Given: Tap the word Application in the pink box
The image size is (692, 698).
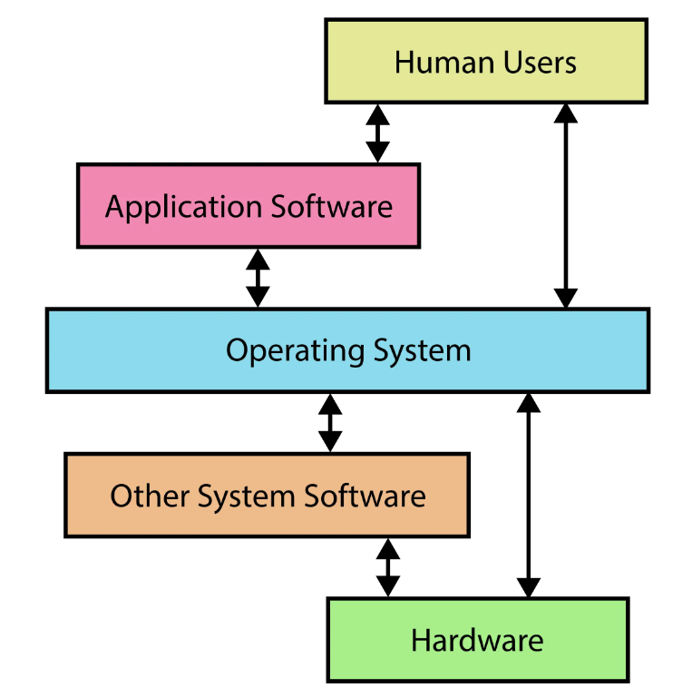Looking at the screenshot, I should pyautogui.click(x=171, y=207).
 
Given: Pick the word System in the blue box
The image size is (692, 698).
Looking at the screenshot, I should pyautogui.click(x=421, y=351).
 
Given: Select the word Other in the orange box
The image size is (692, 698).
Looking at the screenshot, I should pyautogui.click(x=140, y=496).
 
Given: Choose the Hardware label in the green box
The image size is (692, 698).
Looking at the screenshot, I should pyautogui.click(x=477, y=640).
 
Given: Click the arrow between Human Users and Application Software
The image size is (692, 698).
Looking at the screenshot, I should pyautogui.click(x=377, y=133).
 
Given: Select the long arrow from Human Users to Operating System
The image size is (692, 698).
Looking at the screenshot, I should pyautogui.click(x=566, y=205).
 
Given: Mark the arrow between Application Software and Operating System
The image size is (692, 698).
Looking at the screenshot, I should pyautogui.click(x=258, y=277).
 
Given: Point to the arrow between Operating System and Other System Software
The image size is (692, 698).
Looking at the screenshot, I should pyautogui.click(x=330, y=422).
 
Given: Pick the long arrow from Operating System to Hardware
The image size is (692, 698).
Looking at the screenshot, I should pyautogui.click(x=528, y=495).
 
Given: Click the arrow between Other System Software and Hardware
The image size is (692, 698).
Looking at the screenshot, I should pyautogui.click(x=387, y=566).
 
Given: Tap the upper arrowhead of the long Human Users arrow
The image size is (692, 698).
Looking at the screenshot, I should pyautogui.click(x=566, y=113).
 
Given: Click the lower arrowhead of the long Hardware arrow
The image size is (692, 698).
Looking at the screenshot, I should pyautogui.click(x=528, y=586).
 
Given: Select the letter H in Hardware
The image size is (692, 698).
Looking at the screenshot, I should pyautogui.click(x=420, y=640).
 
